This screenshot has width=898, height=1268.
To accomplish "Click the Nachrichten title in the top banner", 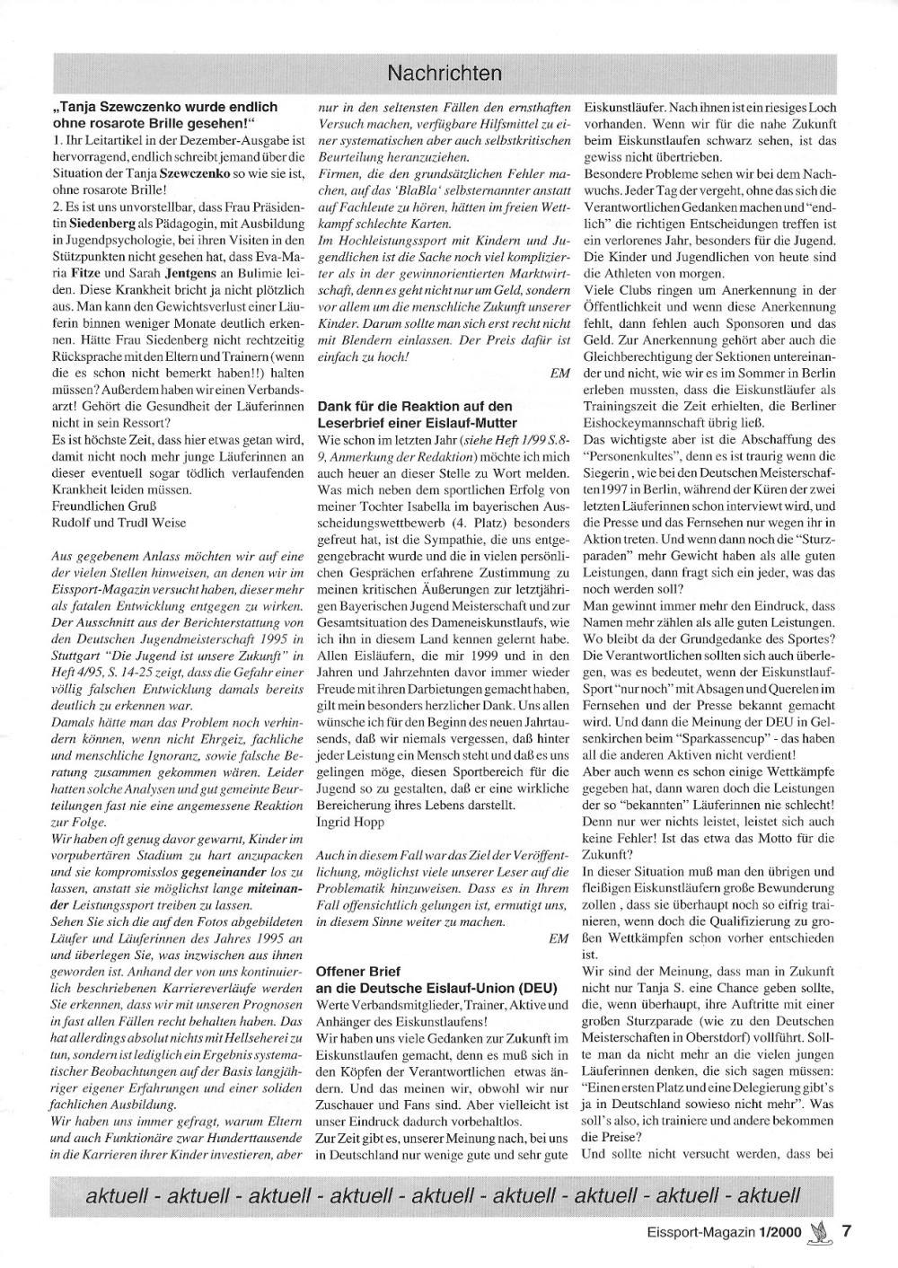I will [x=445, y=72].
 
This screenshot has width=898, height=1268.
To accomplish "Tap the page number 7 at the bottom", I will [x=846, y=1231].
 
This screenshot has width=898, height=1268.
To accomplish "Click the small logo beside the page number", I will [x=818, y=1231].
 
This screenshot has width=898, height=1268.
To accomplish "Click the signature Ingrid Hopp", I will [x=348, y=821].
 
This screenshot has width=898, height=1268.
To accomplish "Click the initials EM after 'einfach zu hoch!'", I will [x=559, y=372].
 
